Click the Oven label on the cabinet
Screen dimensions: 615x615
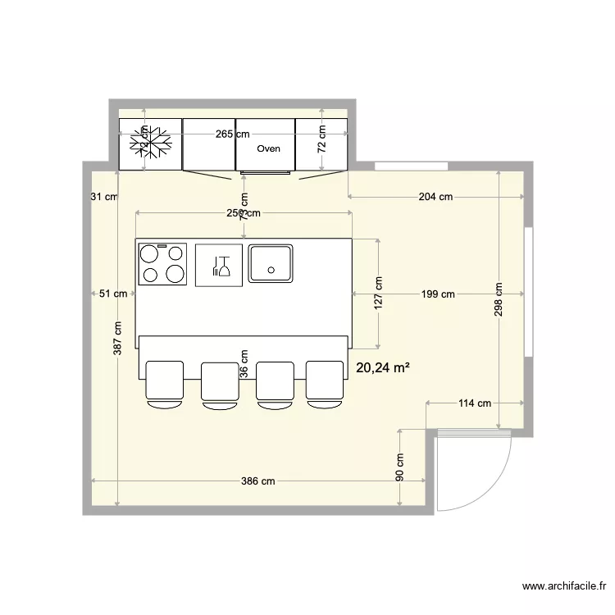268,149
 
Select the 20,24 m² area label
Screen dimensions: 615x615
383,369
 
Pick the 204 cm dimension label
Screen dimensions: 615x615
435,197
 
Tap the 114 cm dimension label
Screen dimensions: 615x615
473,403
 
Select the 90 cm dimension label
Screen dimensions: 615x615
400,468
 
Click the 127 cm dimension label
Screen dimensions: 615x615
378,293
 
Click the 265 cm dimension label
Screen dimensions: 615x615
232,134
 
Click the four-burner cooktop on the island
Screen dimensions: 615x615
162,263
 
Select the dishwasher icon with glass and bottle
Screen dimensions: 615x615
219,264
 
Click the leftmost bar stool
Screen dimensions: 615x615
165,383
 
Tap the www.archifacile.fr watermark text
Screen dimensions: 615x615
564,586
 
